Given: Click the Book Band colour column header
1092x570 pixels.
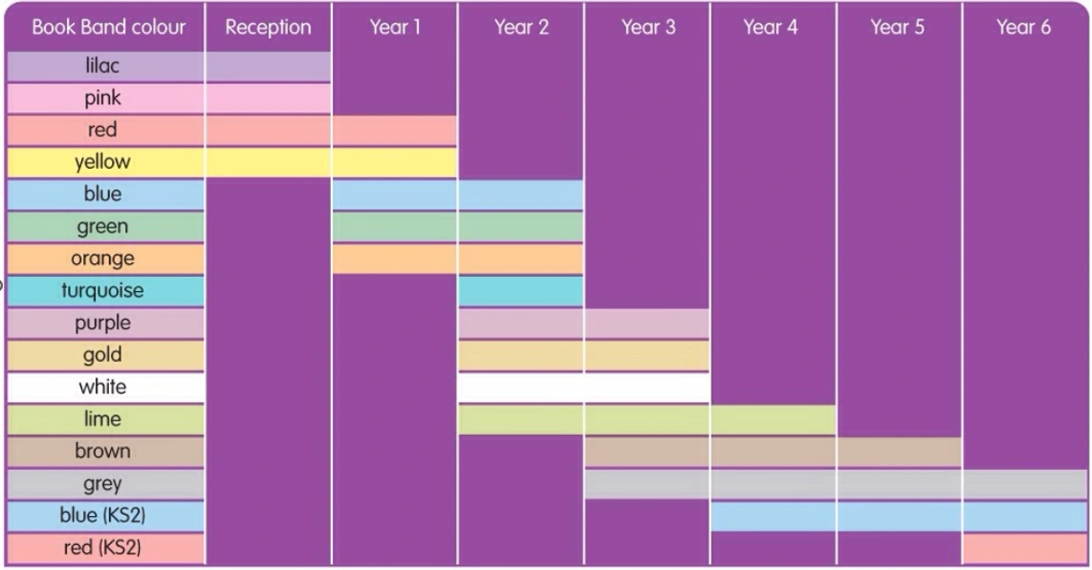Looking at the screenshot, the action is pos(109,27).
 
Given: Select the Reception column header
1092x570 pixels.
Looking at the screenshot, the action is pos(269,27).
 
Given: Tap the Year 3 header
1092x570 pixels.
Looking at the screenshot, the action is pos(648,27).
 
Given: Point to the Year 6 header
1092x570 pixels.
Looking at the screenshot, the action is pos(1023,27).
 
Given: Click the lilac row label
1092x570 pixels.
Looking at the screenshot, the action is pos(103,65).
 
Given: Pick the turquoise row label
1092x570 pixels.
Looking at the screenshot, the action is pos(103,290).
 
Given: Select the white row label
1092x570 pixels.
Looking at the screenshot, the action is pos(103,386).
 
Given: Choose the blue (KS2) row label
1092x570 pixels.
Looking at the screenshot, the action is pos(103,515).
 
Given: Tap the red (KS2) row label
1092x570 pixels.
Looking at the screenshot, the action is pos(103,547).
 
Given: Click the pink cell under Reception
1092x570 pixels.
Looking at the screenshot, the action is pos(269,98).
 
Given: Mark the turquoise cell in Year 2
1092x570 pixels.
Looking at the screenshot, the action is pos(521,290).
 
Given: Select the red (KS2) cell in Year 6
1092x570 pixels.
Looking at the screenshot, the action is pos(1025,549).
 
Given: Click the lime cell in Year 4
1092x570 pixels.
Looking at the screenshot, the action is pos(773,420).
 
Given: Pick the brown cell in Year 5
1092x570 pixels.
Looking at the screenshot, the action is pos(899,452).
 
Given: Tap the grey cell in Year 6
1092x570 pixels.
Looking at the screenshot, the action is pos(1025,484).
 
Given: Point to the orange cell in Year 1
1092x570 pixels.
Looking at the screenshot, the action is pos(394,258).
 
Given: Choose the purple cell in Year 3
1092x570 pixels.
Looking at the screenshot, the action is pos(647,324).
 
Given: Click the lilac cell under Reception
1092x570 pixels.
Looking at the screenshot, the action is pos(269,66).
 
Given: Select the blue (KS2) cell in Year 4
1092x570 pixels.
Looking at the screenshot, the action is pos(773,516).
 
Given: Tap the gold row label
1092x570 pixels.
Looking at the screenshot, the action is pos(103,355).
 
